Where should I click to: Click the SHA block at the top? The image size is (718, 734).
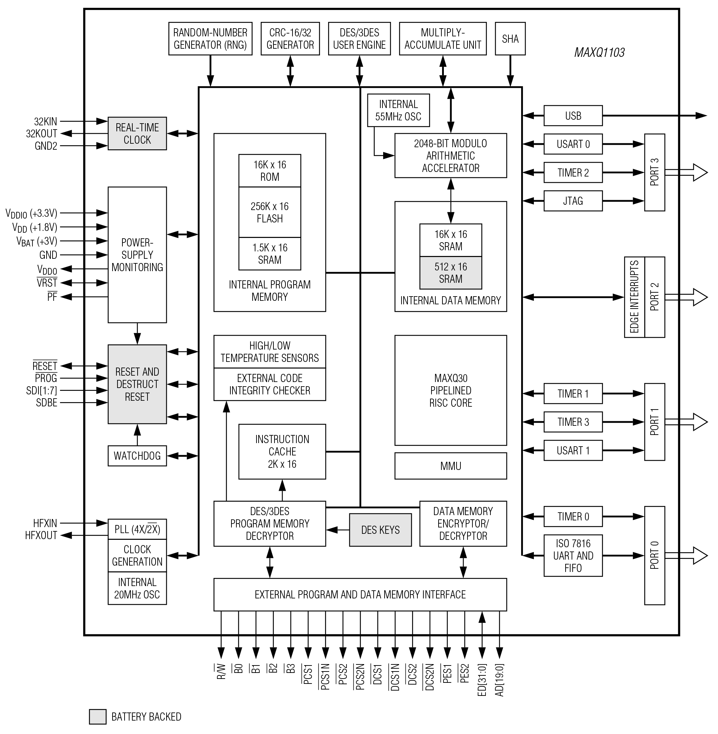coord(509,39)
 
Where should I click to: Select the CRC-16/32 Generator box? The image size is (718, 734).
coord(290,39)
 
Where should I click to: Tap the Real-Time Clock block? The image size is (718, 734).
coord(137,133)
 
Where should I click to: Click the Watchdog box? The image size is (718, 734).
coord(137,456)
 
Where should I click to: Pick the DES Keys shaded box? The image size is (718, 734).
coord(380,530)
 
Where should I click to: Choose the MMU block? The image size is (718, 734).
coord(450,466)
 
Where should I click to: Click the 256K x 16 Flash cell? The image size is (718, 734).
coord(270,212)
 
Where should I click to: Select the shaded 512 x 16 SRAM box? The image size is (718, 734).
coord(450,273)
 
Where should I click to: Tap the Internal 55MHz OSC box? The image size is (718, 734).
coord(398,110)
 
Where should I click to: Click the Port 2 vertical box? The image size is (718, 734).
coord(654,297)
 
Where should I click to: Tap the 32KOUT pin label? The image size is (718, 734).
coord(42,133)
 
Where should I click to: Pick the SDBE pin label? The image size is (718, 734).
coord(47,403)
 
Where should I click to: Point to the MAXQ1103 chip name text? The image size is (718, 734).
coord(599,53)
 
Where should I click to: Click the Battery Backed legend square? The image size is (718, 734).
coord(97,717)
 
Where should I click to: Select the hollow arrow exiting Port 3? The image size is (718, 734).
coord(686,172)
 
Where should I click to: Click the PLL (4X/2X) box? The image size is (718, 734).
coord(137,530)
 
